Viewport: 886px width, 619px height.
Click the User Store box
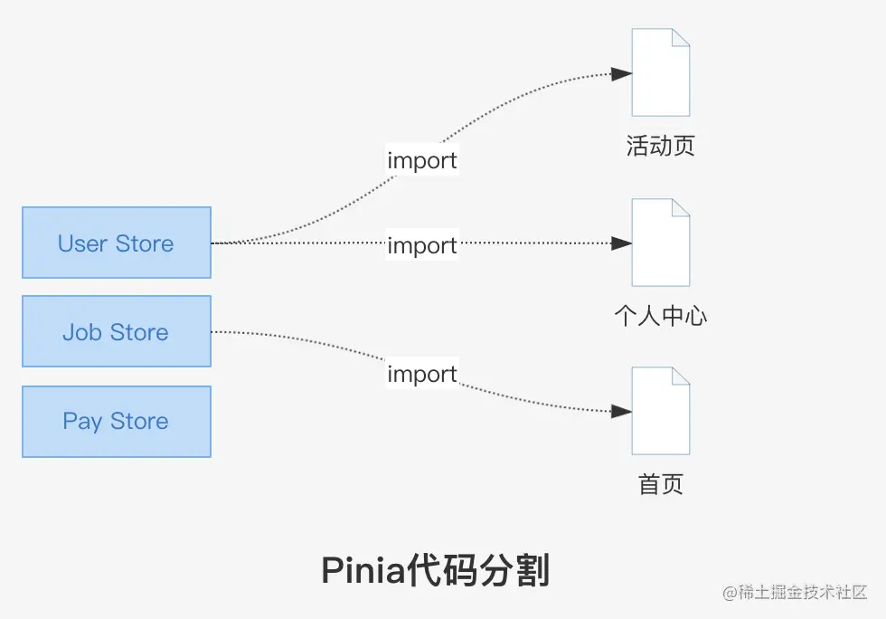(x=116, y=243)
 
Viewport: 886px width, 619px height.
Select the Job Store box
(x=116, y=331)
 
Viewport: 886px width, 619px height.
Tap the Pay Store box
(x=116, y=421)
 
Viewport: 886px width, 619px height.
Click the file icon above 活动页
(x=660, y=72)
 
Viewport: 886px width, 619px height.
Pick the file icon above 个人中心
(x=660, y=243)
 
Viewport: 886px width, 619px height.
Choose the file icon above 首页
(x=660, y=411)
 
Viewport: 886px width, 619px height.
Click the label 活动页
(x=660, y=147)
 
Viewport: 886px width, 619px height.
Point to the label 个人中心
(x=660, y=316)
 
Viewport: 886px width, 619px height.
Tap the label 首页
(x=660, y=484)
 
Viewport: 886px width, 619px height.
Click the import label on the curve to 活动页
(x=422, y=161)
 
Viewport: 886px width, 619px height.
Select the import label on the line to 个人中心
(x=422, y=245)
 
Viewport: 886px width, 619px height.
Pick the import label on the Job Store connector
(x=422, y=374)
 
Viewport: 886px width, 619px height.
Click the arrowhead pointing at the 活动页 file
(x=621, y=74)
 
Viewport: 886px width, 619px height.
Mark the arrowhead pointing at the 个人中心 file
(x=621, y=243)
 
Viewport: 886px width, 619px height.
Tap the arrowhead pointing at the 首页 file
(x=621, y=412)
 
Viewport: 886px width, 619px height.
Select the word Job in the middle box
(x=81, y=332)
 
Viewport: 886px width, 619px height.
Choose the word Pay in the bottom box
(x=81, y=422)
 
